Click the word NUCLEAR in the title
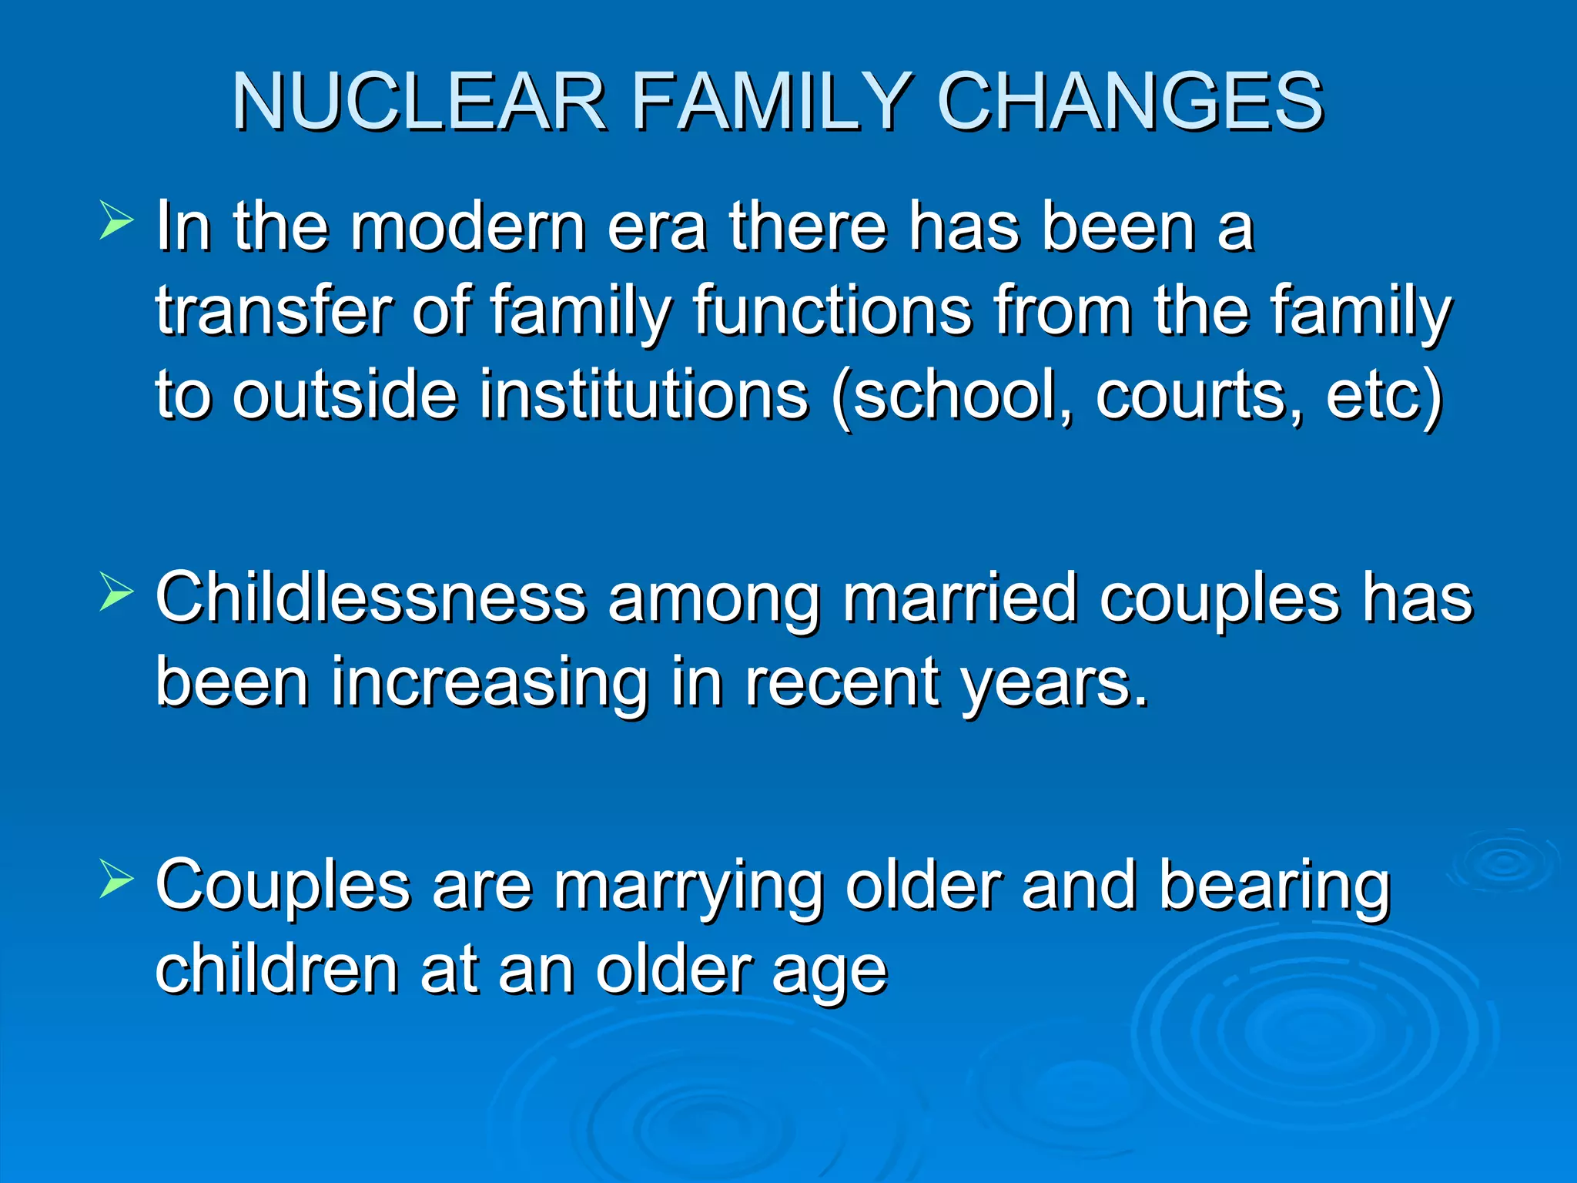click(x=420, y=102)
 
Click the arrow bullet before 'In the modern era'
click(x=116, y=222)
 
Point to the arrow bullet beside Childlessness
click(x=116, y=594)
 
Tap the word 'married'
click(x=959, y=598)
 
